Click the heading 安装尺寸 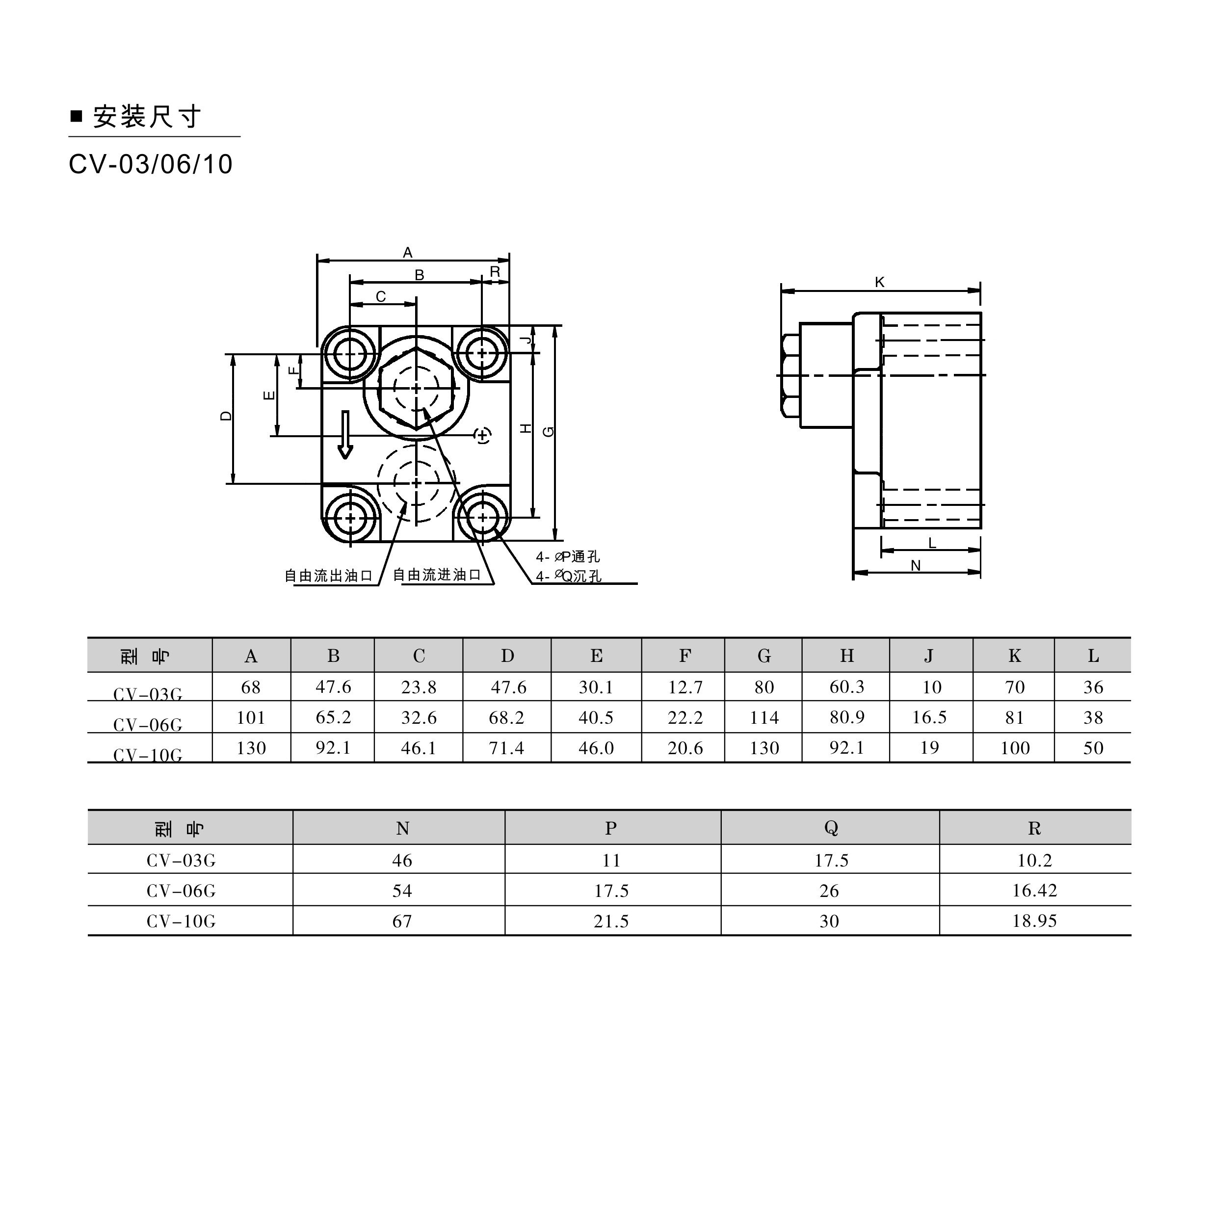pyautogui.click(x=147, y=116)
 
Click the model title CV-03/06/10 pyautogui.click(x=150, y=164)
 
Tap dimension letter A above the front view pyautogui.click(x=408, y=252)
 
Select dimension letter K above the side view pyautogui.click(x=879, y=283)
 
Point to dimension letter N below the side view pyautogui.click(x=916, y=566)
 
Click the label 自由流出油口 pyautogui.click(x=329, y=576)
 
